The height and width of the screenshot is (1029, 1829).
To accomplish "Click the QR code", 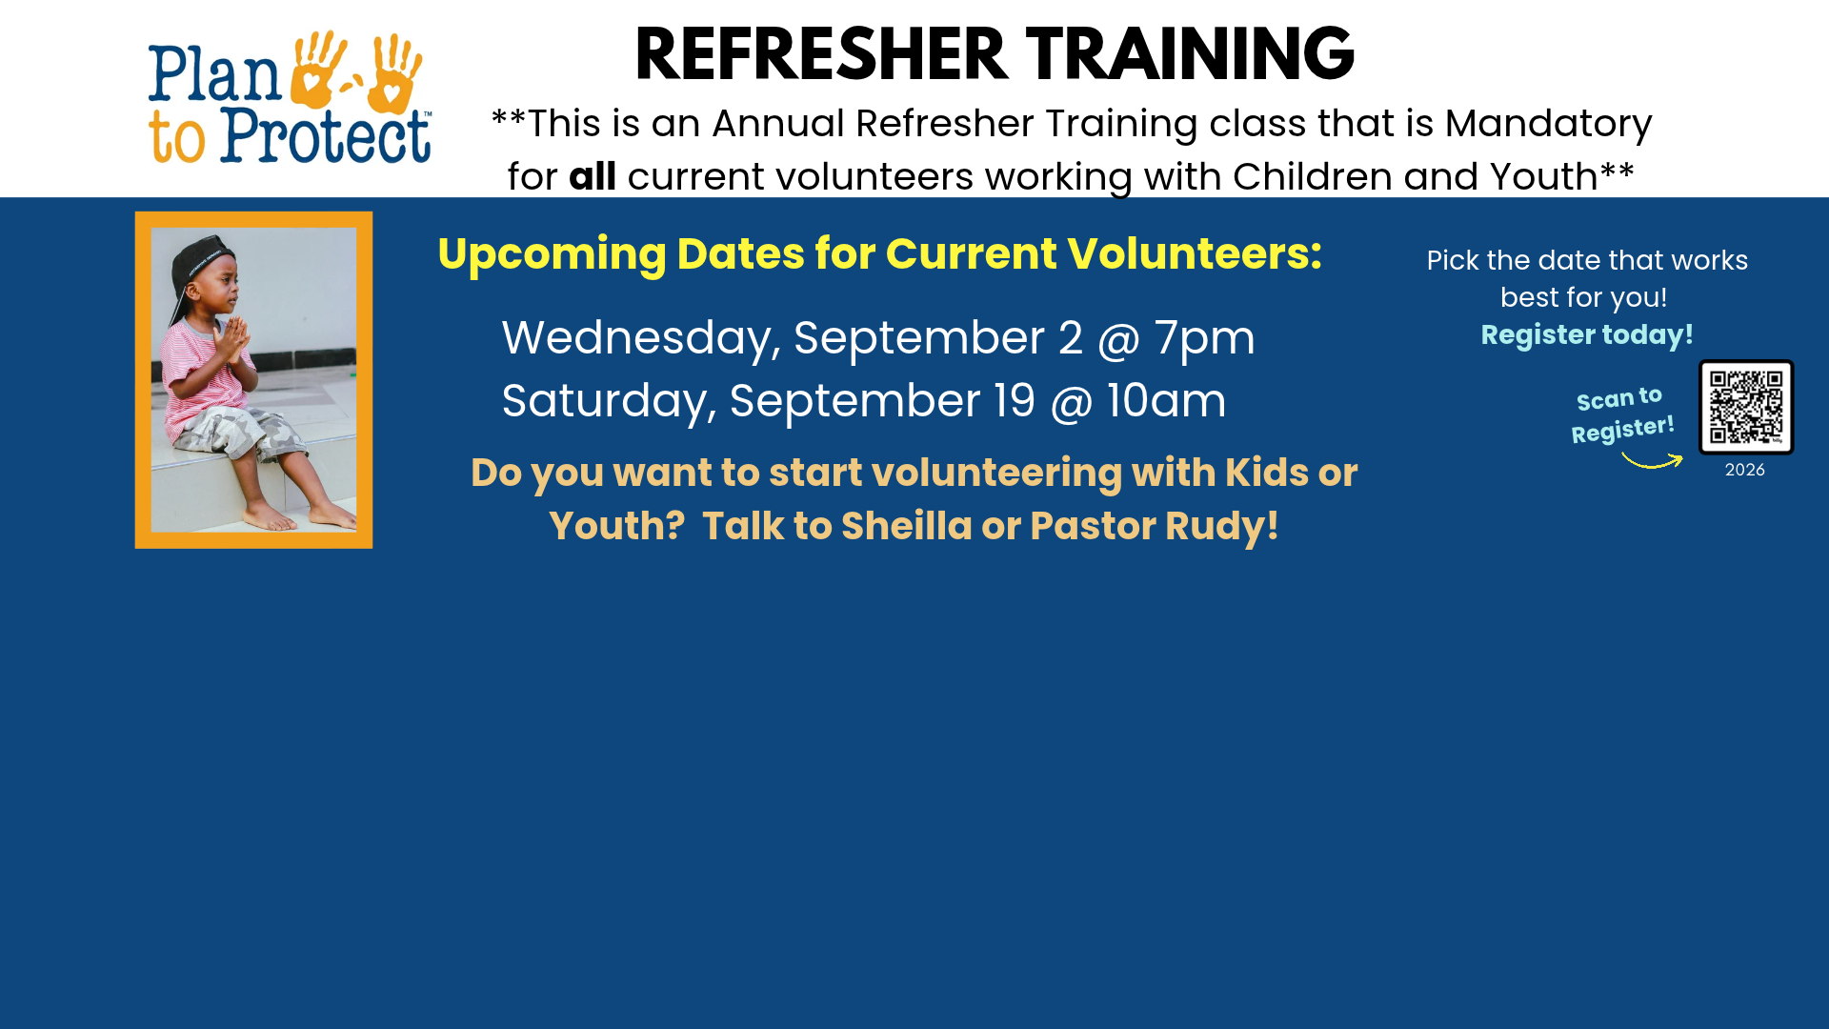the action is (x=1746, y=407).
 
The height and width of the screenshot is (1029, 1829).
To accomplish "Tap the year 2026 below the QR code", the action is (x=1745, y=470).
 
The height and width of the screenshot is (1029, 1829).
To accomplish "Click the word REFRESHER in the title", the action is (x=821, y=54).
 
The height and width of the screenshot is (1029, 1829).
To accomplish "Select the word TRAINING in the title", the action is (x=1191, y=54).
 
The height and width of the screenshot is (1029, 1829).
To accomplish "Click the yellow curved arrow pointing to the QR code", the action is (x=1652, y=463).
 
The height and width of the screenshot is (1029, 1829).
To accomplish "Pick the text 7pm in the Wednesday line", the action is (x=1204, y=338).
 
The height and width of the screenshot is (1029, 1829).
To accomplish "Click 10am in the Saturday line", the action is (x=1166, y=400).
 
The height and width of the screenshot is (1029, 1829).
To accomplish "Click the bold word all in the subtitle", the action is (x=593, y=176).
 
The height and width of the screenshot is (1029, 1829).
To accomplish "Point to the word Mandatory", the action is (x=1548, y=125).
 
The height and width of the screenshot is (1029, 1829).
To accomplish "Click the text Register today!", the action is (x=1587, y=334).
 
